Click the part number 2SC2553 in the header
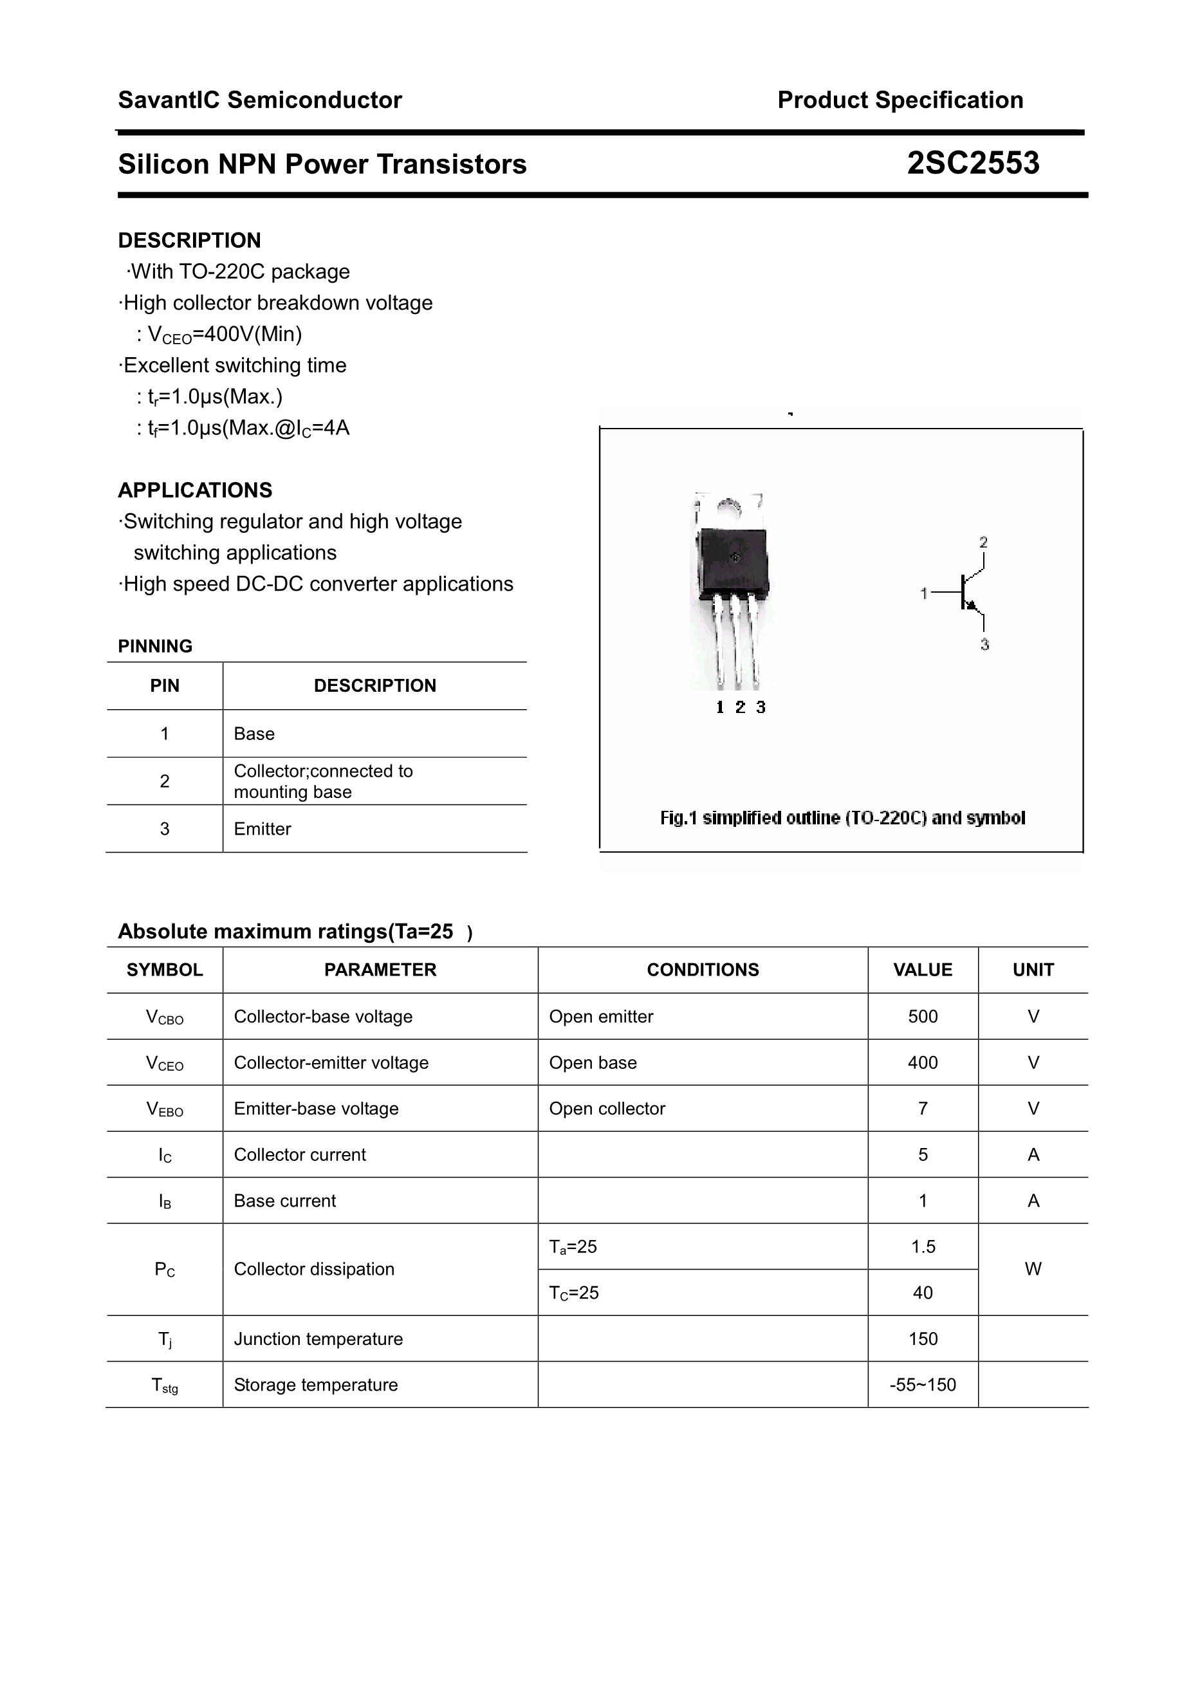tap(972, 163)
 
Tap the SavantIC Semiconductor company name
tap(260, 100)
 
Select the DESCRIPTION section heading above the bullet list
tap(189, 240)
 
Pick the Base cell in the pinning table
tap(254, 734)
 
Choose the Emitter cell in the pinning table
tap(262, 829)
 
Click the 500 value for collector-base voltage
tap(922, 1016)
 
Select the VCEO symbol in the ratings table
tap(165, 1063)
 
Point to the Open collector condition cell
tap(607, 1109)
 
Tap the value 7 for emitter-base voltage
tap(922, 1109)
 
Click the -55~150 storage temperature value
tap(922, 1385)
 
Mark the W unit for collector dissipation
tap(1033, 1269)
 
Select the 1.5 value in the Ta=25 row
tap(922, 1247)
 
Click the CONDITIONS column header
tap(702, 970)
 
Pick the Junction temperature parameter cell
tap(318, 1339)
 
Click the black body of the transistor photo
tap(732, 562)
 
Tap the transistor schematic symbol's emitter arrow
tap(972, 605)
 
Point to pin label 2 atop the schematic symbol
tap(983, 542)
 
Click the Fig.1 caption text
tap(842, 818)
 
